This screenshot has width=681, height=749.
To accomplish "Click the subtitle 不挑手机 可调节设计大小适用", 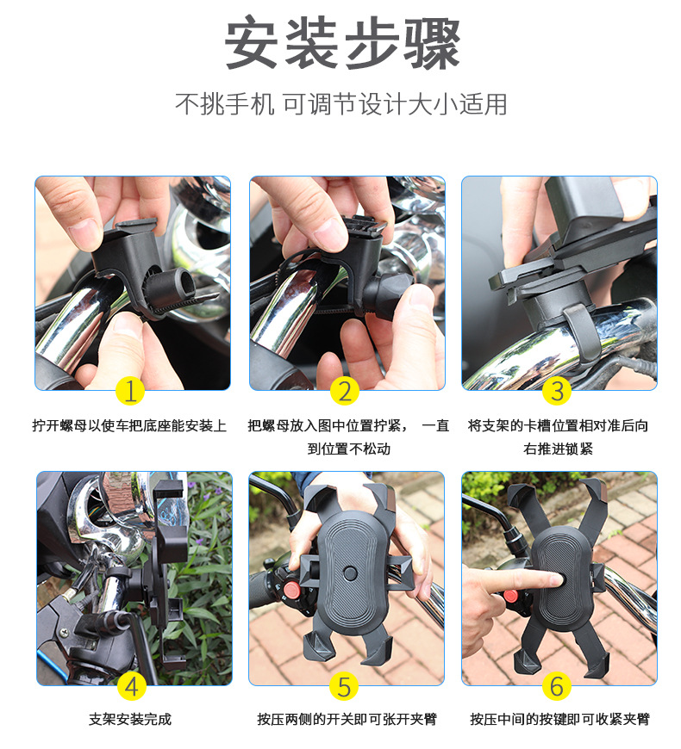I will click(x=341, y=104).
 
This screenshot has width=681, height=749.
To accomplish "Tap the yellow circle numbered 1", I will click(x=130, y=391).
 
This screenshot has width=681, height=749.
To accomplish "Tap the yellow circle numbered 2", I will click(x=345, y=391).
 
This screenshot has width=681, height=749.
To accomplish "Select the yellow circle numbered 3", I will click(x=557, y=391).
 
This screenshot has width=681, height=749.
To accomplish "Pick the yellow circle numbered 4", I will click(x=131, y=686).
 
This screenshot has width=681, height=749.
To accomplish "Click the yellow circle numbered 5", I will click(x=345, y=686).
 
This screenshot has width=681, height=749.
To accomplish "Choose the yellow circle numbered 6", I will click(x=557, y=686).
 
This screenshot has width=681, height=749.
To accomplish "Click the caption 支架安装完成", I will click(x=130, y=720).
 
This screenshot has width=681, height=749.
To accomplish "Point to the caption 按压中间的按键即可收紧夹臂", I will click(x=559, y=720).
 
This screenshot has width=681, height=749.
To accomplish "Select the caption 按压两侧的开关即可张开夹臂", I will click(x=347, y=720).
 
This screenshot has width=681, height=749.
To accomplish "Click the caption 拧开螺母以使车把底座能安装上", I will click(x=130, y=425).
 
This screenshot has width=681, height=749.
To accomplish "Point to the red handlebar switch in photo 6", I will click(x=509, y=596).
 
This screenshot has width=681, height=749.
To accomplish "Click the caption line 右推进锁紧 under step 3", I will click(x=558, y=449).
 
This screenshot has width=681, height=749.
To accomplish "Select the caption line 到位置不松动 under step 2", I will click(x=348, y=449).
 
